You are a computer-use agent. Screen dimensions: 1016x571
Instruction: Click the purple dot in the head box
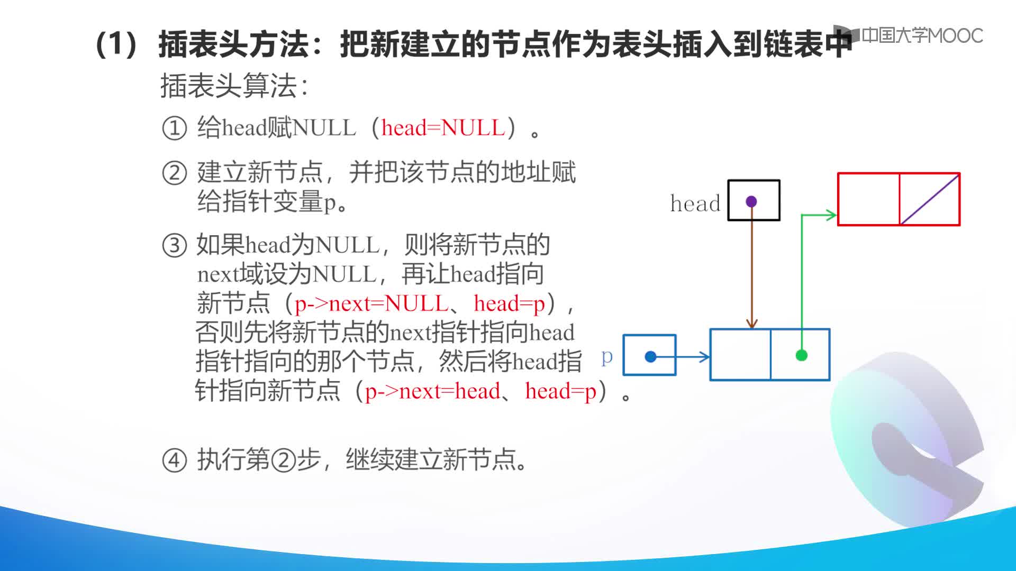[x=751, y=201]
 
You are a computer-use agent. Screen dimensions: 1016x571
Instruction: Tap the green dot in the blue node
[x=801, y=355]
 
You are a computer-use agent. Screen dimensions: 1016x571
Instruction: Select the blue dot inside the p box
[x=651, y=357]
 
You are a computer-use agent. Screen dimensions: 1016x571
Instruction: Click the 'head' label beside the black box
[x=695, y=203]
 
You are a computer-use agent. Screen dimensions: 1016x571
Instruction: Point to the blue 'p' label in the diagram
[x=607, y=357]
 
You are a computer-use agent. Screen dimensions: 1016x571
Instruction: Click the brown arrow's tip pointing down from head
[x=751, y=327]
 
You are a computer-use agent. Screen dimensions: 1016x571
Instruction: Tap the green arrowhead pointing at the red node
[x=832, y=215]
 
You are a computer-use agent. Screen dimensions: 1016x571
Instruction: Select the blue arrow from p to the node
[x=681, y=357]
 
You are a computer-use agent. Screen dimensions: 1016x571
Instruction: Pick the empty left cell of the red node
[x=869, y=199]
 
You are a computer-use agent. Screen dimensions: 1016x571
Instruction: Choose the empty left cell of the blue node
[x=740, y=354]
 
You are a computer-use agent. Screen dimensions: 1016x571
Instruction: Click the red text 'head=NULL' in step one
[x=443, y=127]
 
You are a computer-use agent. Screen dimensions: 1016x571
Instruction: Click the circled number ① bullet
[x=174, y=128]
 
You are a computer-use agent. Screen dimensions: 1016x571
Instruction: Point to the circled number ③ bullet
[x=174, y=245]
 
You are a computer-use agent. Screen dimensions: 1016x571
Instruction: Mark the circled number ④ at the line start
[x=174, y=460]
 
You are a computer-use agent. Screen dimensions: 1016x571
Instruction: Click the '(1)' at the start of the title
[x=117, y=44]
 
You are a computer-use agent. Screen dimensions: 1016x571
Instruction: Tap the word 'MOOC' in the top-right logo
[x=955, y=35]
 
